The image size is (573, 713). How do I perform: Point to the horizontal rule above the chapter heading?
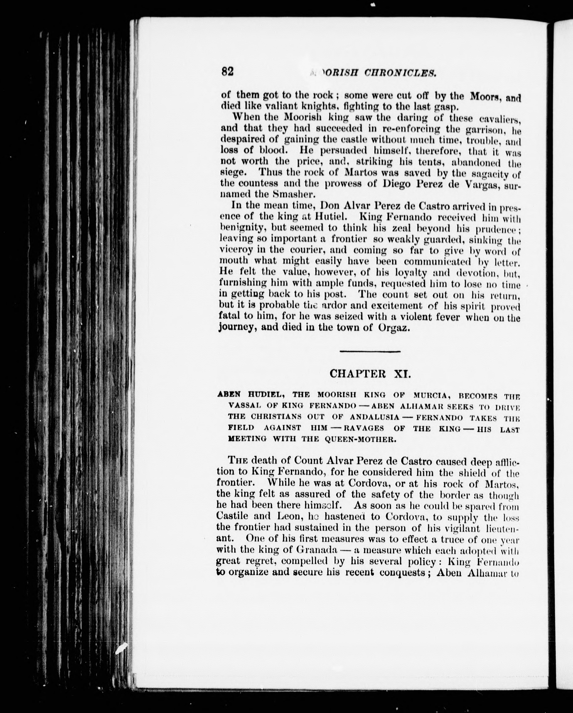370,351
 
